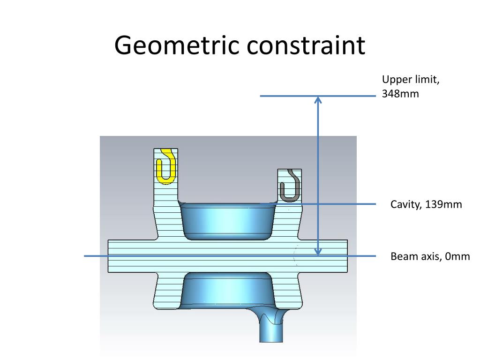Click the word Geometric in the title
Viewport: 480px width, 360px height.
(177, 45)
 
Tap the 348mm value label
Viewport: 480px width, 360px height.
(400, 94)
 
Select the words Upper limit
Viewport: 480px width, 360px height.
(411, 80)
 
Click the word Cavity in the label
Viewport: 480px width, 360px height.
(406, 204)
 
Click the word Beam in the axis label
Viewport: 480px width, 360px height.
(402, 256)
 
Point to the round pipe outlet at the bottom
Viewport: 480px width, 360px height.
(271, 330)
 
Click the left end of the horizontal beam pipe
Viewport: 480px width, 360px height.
(109, 256)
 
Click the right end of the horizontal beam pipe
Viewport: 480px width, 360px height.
(347, 256)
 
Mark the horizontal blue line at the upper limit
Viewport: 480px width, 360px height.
(318, 96)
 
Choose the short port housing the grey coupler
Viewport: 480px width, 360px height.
(290, 187)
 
